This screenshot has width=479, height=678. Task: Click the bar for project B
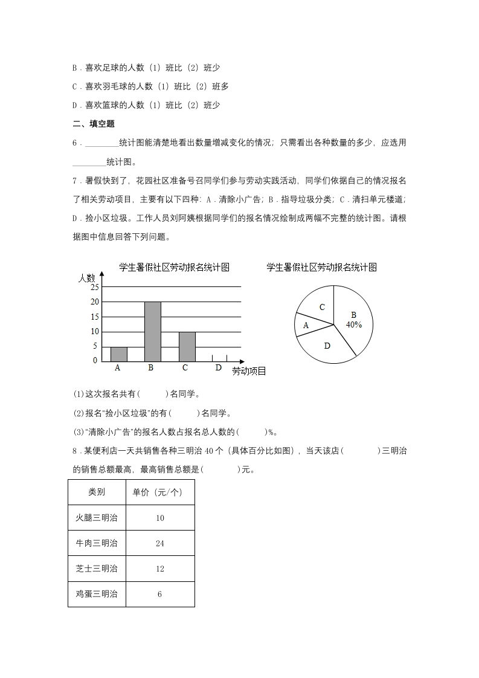tap(152, 331)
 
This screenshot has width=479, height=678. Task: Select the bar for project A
tap(118, 354)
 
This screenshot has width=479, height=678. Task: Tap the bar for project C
tap(187, 346)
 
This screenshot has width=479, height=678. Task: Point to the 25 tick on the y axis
tap(95, 287)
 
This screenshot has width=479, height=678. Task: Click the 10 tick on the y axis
tap(95, 332)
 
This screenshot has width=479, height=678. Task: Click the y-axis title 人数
tap(87, 279)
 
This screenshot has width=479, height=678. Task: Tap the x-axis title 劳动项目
tap(249, 371)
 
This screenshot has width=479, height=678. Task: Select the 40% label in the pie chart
tap(354, 324)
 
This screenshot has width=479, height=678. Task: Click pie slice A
tap(306, 325)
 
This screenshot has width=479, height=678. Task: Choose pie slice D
tap(327, 346)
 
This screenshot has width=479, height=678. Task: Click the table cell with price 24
tap(159, 543)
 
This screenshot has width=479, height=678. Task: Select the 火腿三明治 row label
tap(97, 518)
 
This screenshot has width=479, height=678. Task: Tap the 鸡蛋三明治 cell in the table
tap(97, 594)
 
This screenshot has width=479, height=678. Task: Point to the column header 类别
tap(97, 492)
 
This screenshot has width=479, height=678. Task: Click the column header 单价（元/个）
tap(159, 492)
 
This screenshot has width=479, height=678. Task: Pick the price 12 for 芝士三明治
tap(159, 569)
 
